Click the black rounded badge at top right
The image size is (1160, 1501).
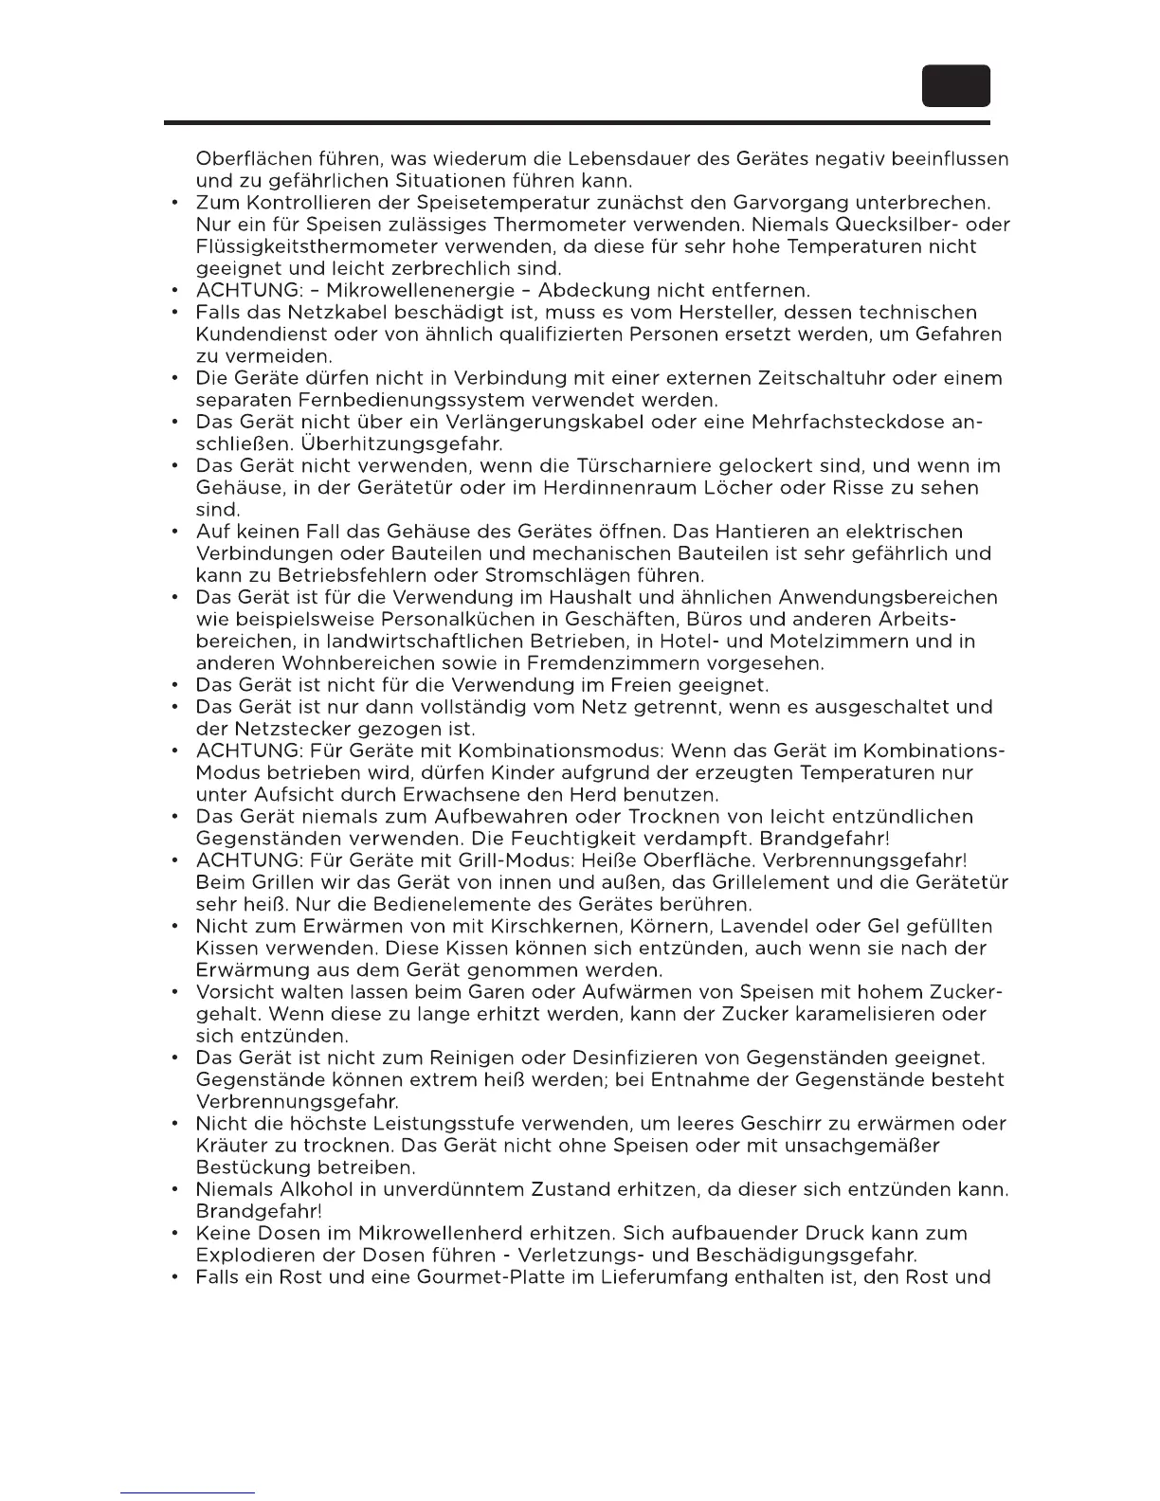click(956, 86)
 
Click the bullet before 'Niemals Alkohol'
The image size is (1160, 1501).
click(175, 1189)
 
